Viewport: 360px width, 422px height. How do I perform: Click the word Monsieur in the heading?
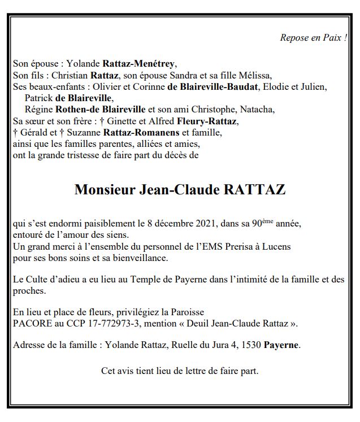point(105,190)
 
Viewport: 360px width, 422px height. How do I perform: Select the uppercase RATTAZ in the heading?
point(255,190)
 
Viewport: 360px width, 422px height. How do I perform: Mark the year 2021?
point(203,224)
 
